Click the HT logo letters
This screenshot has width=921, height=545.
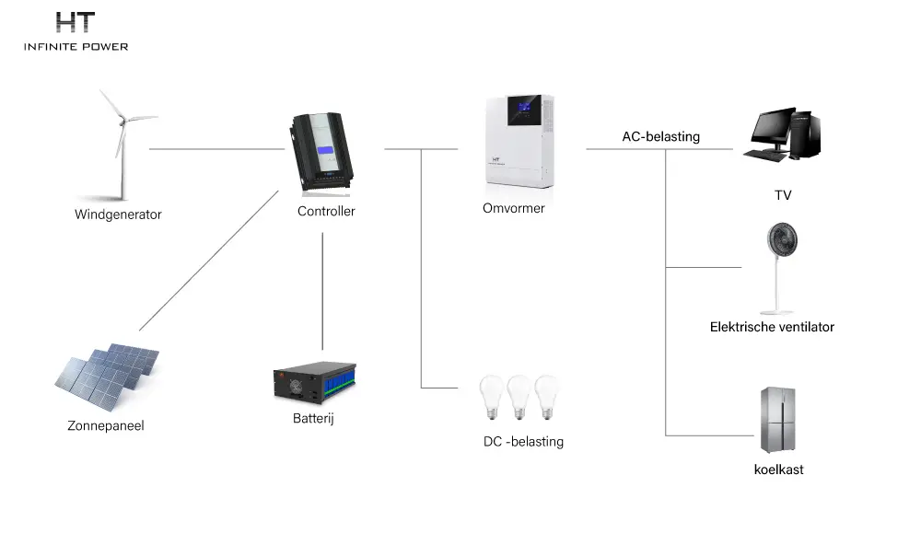click(x=76, y=22)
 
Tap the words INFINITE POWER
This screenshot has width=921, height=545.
click(x=76, y=46)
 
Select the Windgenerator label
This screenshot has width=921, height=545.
click(x=118, y=215)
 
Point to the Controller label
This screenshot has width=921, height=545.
click(x=326, y=211)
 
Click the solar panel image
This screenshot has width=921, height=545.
click(x=107, y=375)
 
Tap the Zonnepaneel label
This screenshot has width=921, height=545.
click(x=106, y=425)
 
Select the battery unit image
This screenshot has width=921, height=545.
click(x=315, y=383)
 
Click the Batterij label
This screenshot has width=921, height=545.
click(x=313, y=418)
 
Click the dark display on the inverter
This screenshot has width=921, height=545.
click(x=524, y=110)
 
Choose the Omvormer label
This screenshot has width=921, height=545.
click(x=513, y=208)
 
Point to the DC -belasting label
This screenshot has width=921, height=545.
click(x=523, y=442)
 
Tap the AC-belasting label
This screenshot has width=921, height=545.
click(x=660, y=137)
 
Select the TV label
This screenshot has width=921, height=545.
click(x=783, y=195)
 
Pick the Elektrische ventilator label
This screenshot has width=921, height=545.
click(x=772, y=327)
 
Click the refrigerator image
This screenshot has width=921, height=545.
click(x=777, y=420)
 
